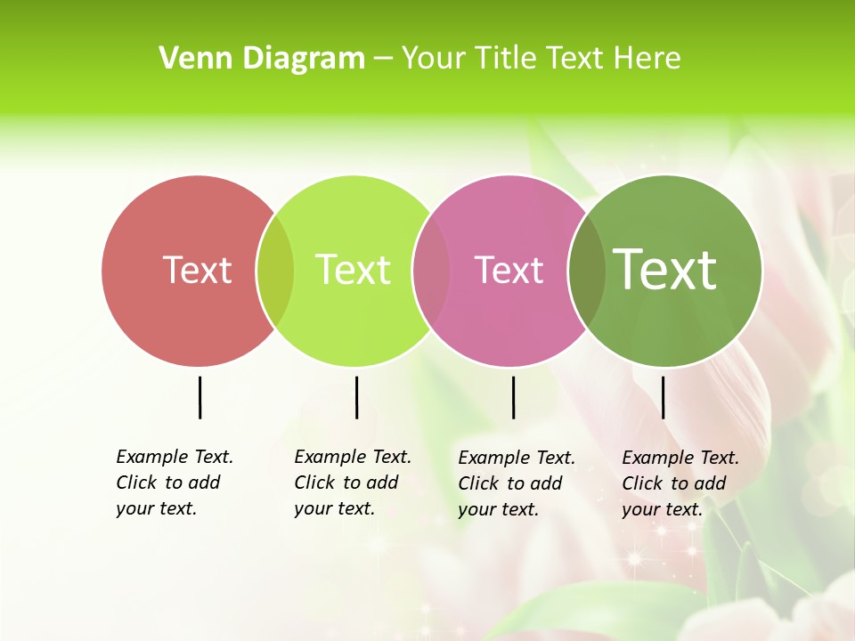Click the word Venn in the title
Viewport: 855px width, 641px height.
pyautogui.click(x=185, y=59)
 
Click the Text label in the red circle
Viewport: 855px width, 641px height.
pyautogui.click(x=197, y=270)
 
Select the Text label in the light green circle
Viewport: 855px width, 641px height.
pyautogui.click(x=353, y=270)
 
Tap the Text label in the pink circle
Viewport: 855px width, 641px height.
pyautogui.click(x=509, y=270)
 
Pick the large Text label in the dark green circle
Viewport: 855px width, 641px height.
pyautogui.click(x=665, y=269)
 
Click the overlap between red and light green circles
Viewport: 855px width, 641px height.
pyautogui.click(x=275, y=271)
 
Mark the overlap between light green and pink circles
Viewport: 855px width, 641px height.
pyautogui.click(x=431, y=271)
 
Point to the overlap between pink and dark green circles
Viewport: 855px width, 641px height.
pyautogui.click(x=587, y=271)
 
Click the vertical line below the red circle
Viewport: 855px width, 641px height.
pyautogui.click(x=199, y=397)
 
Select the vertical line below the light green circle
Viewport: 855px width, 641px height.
pyautogui.click(x=356, y=397)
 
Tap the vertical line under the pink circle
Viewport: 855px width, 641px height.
pyautogui.click(x=513, y=397)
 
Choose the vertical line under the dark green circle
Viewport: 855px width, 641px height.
pyautogui.click(x=663, y=397)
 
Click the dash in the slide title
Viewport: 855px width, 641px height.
pyautogui.click(x=383, y=60)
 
